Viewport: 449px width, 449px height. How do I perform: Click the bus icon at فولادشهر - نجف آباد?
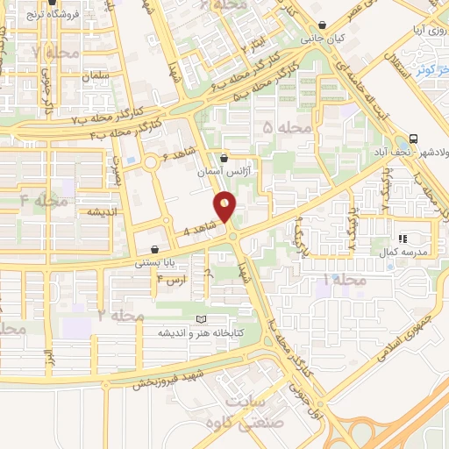coord(412,139)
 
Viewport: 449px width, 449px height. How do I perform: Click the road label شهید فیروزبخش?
coord(168,376)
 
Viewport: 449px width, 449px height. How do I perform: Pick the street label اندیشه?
coord(103,212)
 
